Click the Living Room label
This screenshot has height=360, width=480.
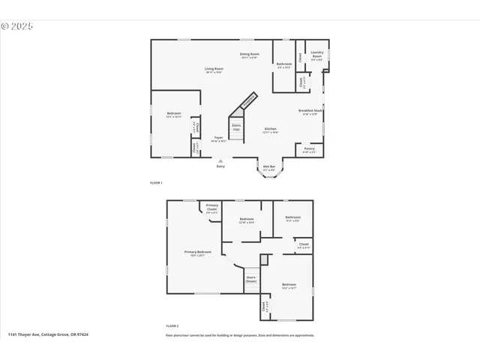pyautogui.click(x=214, y=70)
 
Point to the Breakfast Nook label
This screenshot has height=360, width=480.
pyautogui.click(x=310, y=112)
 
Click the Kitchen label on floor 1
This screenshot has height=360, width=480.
pyautogui.click(x=270, y=130)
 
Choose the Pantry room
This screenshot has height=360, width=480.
pyautogui.click(x=309, y=150)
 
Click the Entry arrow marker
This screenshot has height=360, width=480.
pyautogui.click(x=220, y=160)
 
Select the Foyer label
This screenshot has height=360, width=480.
pyautogui.click(x=219, y=139)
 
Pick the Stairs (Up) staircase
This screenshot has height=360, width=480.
pyautogui.click(x=236, y=127)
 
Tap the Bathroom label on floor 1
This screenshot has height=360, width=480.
pyautogui.click(x=283, y=65)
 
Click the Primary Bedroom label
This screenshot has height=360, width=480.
pyautogui.click(x=198, y=253)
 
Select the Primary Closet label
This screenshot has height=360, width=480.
pyautogui.click(x=212, y=207)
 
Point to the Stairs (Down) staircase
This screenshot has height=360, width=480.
pyautogui.click(x=251, y=279)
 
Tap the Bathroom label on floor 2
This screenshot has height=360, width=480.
pyautogui.click(x=292, y=218)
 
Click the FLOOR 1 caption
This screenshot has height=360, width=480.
pyautogui.click(x=156, y=183)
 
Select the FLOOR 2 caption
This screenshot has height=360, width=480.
pyautogui.click(x=172, y=326)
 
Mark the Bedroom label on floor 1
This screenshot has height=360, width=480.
pyautogui.click(x=174, y=115)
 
